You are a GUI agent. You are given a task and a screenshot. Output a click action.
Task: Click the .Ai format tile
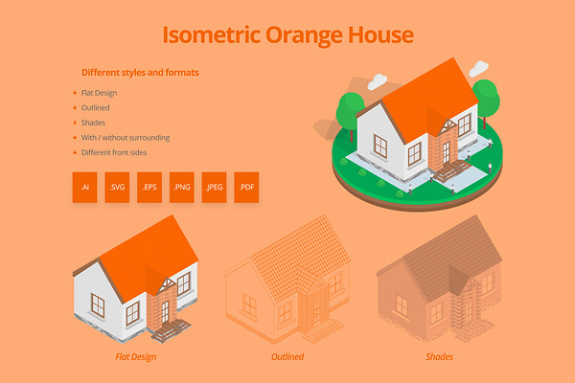[84, 188]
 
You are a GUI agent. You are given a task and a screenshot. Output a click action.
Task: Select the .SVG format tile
[117, 188]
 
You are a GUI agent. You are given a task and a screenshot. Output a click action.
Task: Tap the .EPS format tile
[149, 188]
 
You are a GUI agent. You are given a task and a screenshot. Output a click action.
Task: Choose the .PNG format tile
[181, 188]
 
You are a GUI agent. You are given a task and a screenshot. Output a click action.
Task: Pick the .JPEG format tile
[214, 188]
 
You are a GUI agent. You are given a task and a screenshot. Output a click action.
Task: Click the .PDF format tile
[246, 188]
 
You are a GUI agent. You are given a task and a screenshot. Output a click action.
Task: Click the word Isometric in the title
[211, 34]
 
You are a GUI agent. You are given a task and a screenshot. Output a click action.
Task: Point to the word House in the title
[380, 34]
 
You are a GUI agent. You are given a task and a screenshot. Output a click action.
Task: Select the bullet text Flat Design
[99, 93]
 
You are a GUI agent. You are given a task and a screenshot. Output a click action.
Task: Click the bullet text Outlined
[95, 108]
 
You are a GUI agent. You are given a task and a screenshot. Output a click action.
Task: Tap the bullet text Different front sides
[114, 152]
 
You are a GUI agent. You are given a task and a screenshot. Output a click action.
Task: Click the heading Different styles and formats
[140, 73]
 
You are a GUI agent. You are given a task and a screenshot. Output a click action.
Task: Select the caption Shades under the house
[439, 356]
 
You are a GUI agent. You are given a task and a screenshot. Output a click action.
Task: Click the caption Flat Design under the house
[136, 357]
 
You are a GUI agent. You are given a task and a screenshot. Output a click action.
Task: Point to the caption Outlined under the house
[287, 356]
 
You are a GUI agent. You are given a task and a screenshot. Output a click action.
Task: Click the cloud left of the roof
[377, 81]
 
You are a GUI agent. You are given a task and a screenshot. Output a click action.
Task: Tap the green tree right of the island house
[486, 100]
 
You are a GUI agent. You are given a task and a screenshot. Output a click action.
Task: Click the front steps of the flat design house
[172, 329]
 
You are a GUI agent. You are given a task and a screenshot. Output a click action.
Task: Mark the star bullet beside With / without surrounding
[75, 138]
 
